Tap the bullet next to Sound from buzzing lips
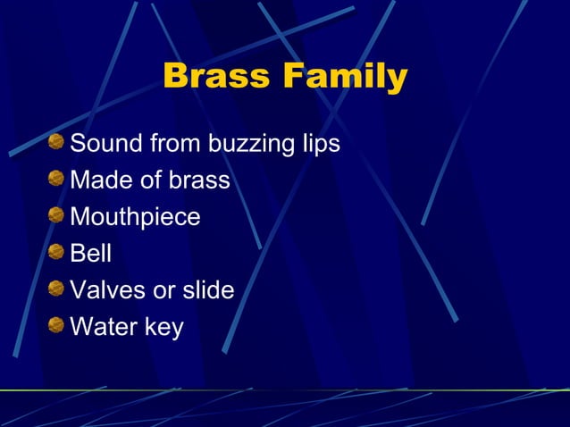(57, 142)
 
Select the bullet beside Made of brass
(57, 179)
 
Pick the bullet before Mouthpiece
(57, 215)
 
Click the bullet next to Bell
(57, 252)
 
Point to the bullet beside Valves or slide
(57, 289)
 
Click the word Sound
(107, 143)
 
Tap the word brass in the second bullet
(198, 180)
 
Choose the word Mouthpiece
(135, 217)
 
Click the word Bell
(91, 253)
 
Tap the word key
(164, 327)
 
